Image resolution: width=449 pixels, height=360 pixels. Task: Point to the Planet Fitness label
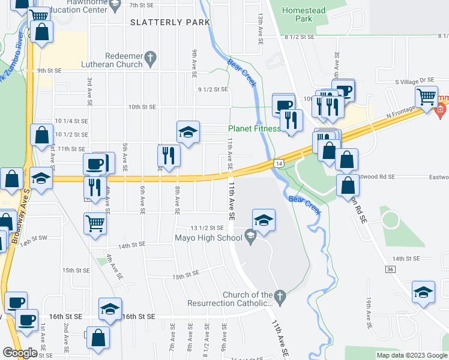click(x=254, y=128)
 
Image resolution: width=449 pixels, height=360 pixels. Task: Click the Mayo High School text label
click(x=208, y=238)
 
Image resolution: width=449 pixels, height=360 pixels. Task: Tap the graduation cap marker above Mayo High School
click(x=264, y=221)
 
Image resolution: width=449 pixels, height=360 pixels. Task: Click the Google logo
click(x=20, y=353)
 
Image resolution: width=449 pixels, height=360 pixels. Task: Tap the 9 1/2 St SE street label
click(x=213, y=89)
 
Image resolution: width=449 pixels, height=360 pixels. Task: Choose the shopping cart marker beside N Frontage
click(x=426, y=97)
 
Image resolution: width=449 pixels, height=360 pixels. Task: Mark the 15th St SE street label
click(x=185, y=277)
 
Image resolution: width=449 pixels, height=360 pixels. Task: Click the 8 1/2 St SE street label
click(x=300, y=37)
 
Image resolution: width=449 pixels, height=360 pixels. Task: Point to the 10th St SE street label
click(x=142, y=106)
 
